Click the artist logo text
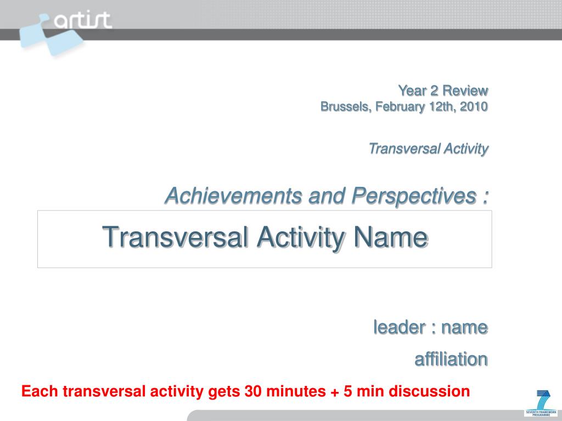[83, 20]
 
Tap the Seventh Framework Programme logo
[541, 403]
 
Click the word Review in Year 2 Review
[465, 90]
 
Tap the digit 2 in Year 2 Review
[434, 90]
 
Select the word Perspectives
[414, 197]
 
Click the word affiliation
[451, 359]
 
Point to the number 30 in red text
[254, 391]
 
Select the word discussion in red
[429, 391]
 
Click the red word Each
[40, 391]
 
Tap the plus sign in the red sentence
[335, 391]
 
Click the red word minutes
[296, 391]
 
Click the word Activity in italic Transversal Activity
[466, 149]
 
